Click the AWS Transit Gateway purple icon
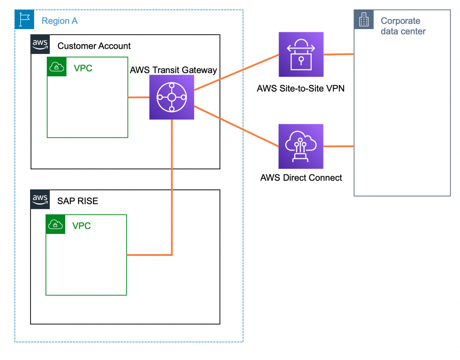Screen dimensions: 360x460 172,97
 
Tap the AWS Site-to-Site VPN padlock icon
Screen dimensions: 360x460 301,54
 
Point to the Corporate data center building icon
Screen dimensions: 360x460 363,20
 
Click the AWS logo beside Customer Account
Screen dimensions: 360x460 40,44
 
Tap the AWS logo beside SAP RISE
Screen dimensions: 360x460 40,199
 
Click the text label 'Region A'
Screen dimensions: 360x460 60,21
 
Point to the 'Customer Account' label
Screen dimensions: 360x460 94,46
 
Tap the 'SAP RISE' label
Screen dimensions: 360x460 78,201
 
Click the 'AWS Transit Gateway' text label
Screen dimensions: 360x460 173,70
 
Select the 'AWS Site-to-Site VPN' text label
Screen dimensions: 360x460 301,88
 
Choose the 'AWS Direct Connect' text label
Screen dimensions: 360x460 301,178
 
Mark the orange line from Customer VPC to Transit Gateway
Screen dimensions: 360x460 138,97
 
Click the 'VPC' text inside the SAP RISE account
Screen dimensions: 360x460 81,225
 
